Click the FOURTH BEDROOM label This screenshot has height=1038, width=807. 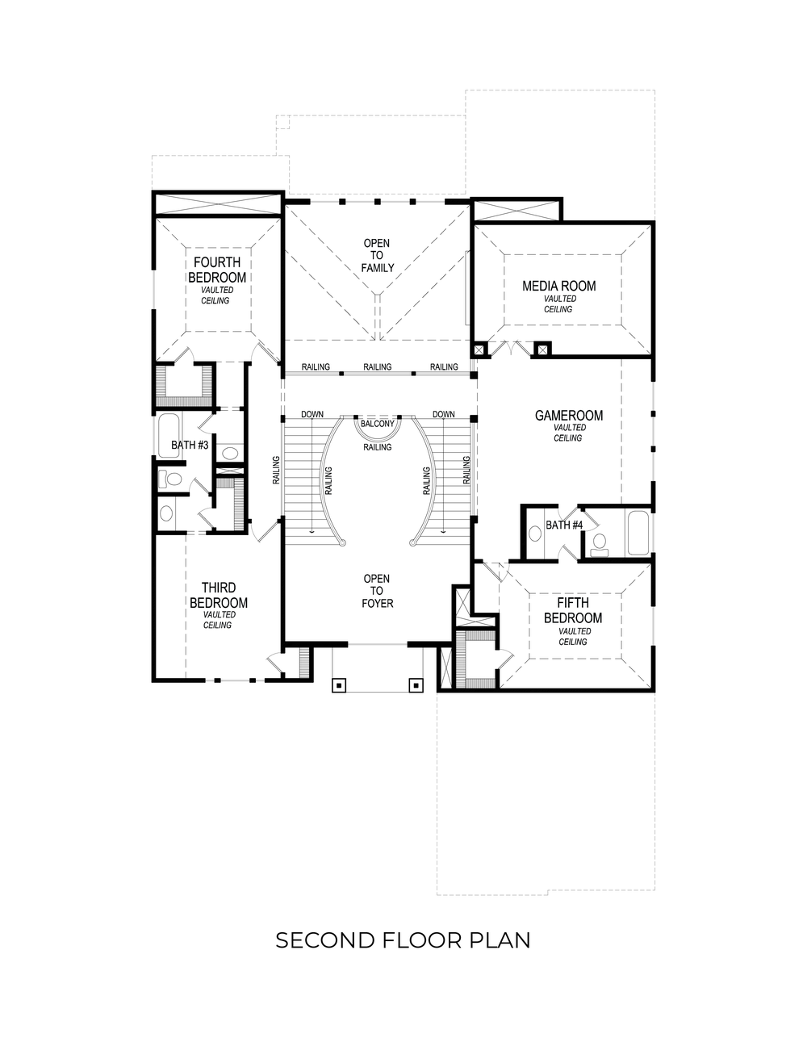click(216, 270)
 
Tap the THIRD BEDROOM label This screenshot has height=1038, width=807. click(218, 596)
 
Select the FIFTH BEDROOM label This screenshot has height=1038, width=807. click(572, 611)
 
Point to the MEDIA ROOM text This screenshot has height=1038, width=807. click(558, 286)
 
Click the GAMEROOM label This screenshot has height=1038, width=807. click(569, 416)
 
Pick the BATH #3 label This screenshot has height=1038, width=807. click(190, 445)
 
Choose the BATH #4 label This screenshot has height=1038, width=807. click(564, 525)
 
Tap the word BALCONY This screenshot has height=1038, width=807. click(377, 424)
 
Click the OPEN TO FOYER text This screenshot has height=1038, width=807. click(377, 591)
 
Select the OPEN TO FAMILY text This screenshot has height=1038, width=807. click(377, 255)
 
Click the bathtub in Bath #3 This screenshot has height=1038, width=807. click(169, 436)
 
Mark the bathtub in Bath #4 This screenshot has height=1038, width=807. click(637, 533)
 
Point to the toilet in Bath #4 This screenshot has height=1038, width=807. click(599, 543)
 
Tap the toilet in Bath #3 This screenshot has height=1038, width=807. click(171, 479)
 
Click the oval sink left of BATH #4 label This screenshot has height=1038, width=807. click(534, 534)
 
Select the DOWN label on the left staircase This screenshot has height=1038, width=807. click(312, 415)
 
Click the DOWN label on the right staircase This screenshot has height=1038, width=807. click(443, 415)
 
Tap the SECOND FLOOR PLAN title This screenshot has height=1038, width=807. click(403, 940)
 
